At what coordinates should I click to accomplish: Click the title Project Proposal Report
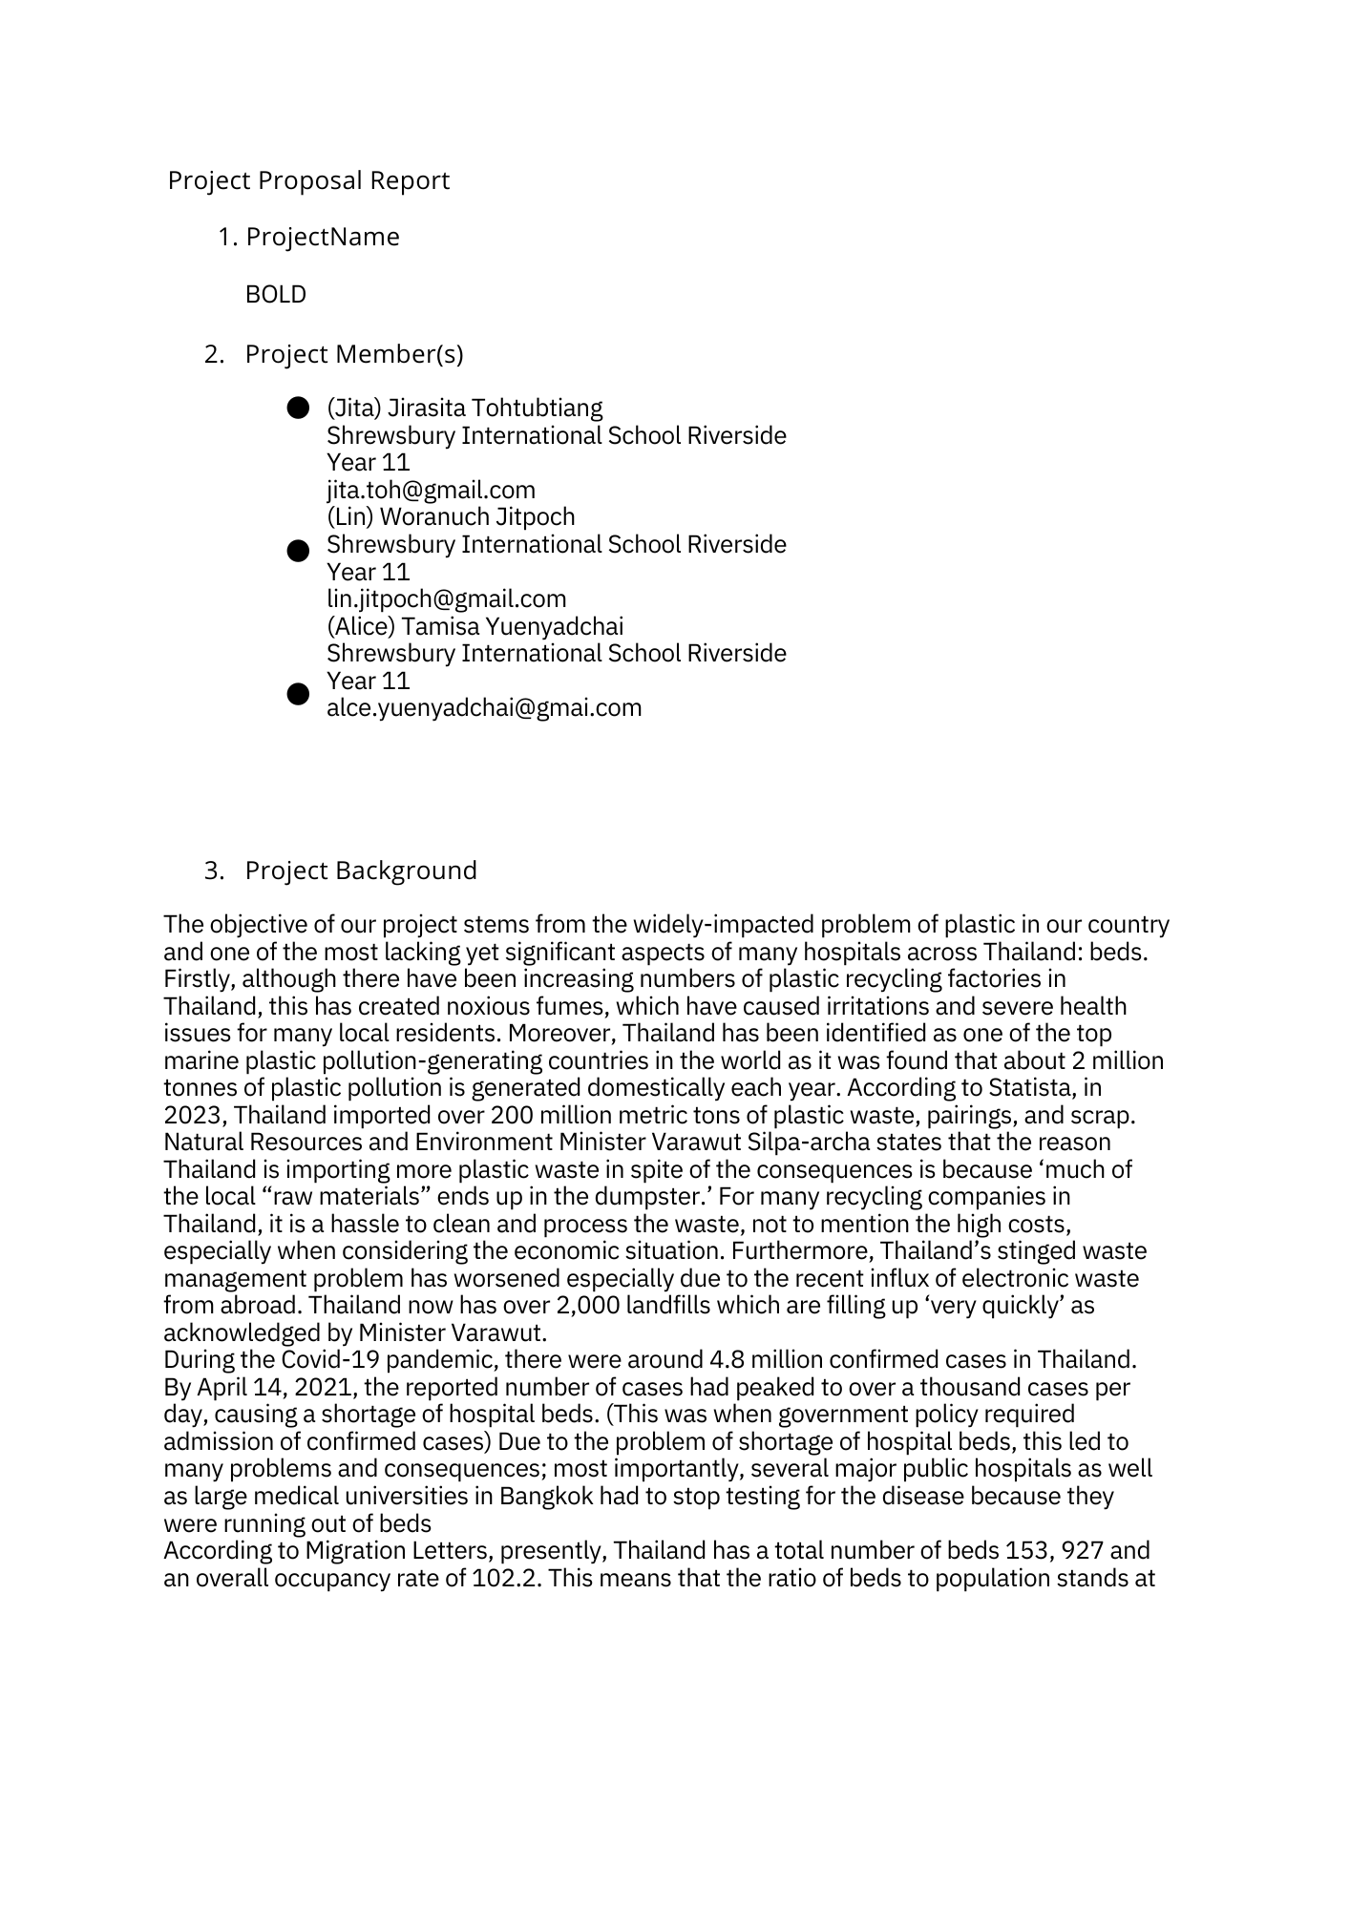[x=308, y=180]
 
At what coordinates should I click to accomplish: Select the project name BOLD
[x=276, y=294]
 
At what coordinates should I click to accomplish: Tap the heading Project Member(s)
[x=354, y=354]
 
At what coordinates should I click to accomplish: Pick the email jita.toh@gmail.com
[x=431, y=490]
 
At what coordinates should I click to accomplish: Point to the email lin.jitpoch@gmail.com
[x=446, y=598]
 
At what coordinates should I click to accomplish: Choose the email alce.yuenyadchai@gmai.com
[x=484, y=707]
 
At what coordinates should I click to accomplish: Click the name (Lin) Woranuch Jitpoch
[x=451, y=516]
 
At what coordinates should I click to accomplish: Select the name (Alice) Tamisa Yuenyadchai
[x=475, y=626]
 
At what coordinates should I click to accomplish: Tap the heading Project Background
[x=361, y=871]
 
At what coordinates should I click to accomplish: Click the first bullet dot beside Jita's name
[x=298, y=409]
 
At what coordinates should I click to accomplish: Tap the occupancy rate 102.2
[x=507, y=1578]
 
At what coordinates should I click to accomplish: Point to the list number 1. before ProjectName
[x=227, y=237]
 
